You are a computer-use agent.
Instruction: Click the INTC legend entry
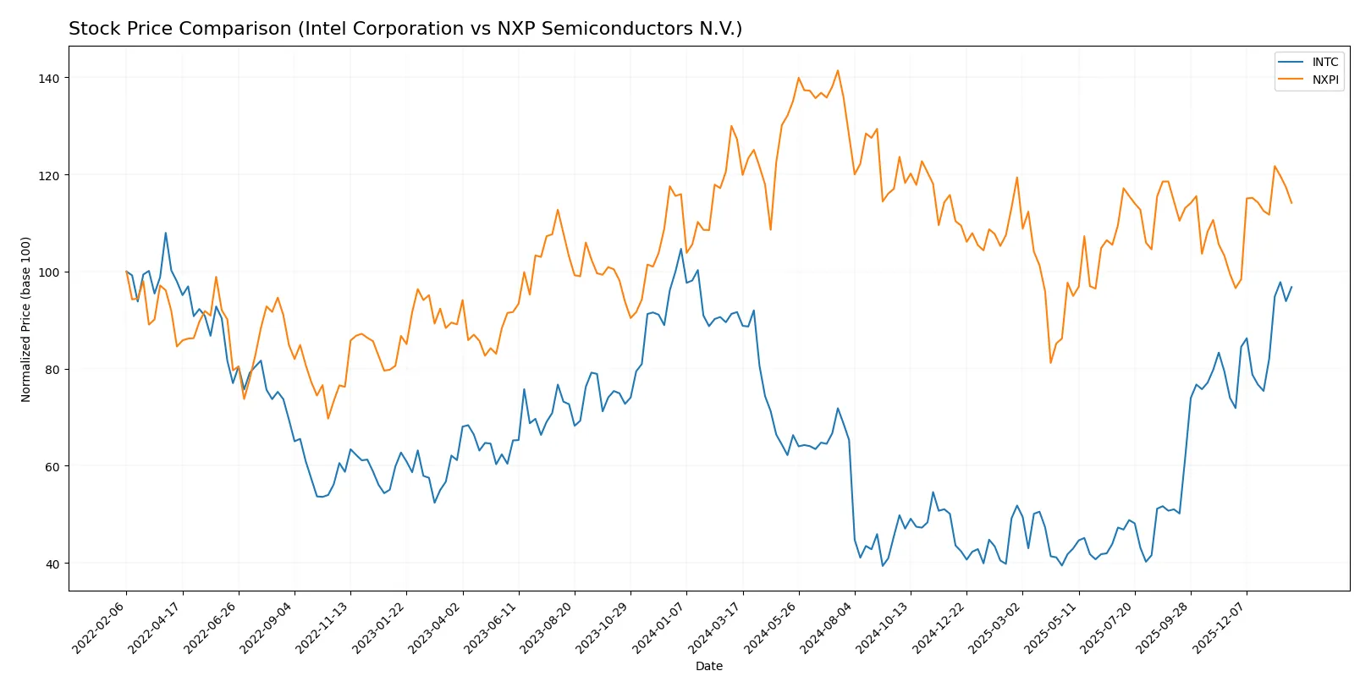[x=1324, y=62]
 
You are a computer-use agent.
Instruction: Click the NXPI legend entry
[x=1324, y=80]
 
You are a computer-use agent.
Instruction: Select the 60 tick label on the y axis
[x=53, y=466]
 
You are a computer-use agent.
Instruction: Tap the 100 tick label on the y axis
[x=51, y=272]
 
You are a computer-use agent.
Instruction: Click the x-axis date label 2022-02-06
[x=100, y=626]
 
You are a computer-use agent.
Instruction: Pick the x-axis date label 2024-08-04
[x=828, y=626]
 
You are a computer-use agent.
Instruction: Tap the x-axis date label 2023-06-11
[x=492, y=626]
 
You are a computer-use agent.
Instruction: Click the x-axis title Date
[x=708, y=666]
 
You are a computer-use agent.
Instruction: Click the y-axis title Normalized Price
[x=26, y=319]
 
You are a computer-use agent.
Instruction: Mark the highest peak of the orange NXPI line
[x=838, y=70]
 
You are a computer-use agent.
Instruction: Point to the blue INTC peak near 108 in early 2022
[x=166, y=233]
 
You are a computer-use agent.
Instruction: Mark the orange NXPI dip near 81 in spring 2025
[x=1051, y=363]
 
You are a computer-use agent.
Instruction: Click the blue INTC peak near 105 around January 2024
[x=681, y=248]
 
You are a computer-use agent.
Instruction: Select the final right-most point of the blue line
[x=1291, y=287]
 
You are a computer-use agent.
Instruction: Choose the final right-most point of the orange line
[x=1291, y=203]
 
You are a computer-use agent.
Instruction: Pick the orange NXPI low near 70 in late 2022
[x=328, y=418]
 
